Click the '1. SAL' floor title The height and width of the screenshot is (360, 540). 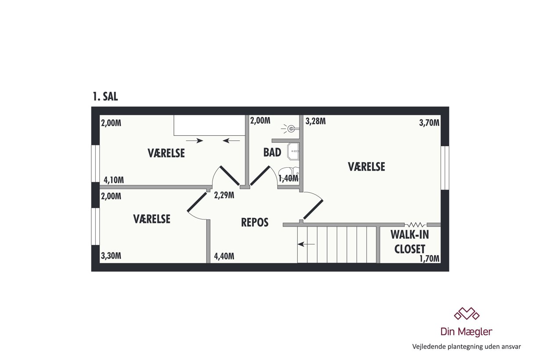point(105,97)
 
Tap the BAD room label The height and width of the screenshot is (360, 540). point(272,152)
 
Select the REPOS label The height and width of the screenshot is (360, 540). point(255,222)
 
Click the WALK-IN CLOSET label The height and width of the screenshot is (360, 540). point(410,242)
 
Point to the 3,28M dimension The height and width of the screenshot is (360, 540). point(316,121)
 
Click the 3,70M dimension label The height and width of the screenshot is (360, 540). point(429,123)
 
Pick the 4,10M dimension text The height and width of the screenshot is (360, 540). point(114,180)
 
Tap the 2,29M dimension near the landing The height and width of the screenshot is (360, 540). point(224,195)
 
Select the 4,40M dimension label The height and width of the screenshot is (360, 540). point(224,256)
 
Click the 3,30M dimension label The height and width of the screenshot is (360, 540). point(111,256)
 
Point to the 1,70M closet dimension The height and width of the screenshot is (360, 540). point(429,259)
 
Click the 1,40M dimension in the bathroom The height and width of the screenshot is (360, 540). point(288,178)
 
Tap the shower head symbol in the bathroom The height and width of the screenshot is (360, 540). point(290,129)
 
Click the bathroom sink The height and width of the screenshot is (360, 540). point(293,151)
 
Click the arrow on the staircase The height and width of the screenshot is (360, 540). point(306,244)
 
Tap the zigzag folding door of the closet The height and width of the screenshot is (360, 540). point(416,225)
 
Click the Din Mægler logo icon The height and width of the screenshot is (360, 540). point(467,313)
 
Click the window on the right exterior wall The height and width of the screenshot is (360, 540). point(445,168)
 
